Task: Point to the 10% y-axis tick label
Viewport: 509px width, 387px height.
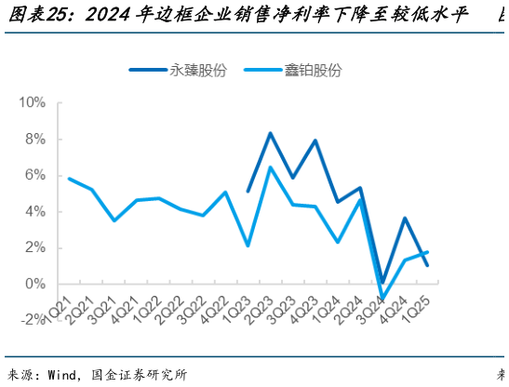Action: pyautogui.click(x=33, y=102)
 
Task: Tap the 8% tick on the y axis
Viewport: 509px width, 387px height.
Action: pyautogui.click(x=36, y=139)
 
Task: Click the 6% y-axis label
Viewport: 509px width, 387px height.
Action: pyautogui.click(x=36, y=175)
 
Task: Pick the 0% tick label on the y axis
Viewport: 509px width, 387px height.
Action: pyautogui.click(x=36, y=284)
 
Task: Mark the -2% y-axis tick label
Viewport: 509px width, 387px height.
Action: pyautogui.click(x=34, y=320)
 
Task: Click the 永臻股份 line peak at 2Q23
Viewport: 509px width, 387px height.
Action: pyautogui.click(x=270, y=133)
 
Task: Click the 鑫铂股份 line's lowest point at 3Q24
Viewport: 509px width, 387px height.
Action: pyautogui.click(x=382, y=300)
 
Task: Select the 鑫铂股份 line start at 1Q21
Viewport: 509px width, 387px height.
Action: pyautogui.click(x=69, y=178)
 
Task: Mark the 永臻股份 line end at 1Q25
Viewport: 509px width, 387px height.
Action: pyautogui.click(x=427, y=265)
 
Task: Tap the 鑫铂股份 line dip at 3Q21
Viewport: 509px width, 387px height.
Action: pyautogui.click(x=114, y=220)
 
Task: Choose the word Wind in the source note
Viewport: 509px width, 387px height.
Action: pyautogui.click(x=61, y=375)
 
